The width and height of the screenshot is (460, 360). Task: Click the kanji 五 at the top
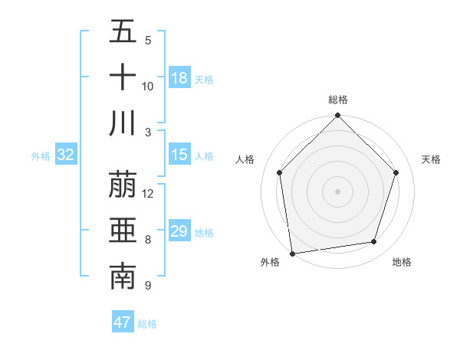click(x=123, y=32)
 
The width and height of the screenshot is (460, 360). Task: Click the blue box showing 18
click(x=179, y=78)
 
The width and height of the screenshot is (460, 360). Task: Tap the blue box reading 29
click(x=179, y=231)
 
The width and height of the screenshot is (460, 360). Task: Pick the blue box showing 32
click(x=66, y=155)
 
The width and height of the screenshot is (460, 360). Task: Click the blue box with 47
click(x=123, y=322)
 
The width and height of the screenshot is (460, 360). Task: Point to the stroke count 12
click(x=148, y=194)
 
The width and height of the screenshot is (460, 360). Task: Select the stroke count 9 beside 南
click(x=147, y=286)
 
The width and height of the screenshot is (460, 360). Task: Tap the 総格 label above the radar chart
click(x=338, y=100)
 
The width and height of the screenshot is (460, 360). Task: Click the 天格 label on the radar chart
click(x=432, y=159)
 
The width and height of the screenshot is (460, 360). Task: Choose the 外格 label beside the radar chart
click(x=270, y=262)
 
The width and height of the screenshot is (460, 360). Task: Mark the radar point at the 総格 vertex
click(x=338, y=116)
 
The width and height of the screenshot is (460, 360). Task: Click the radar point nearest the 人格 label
click(x=280, y=172)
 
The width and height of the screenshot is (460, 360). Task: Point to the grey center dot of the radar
click(x=338, y=191)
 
